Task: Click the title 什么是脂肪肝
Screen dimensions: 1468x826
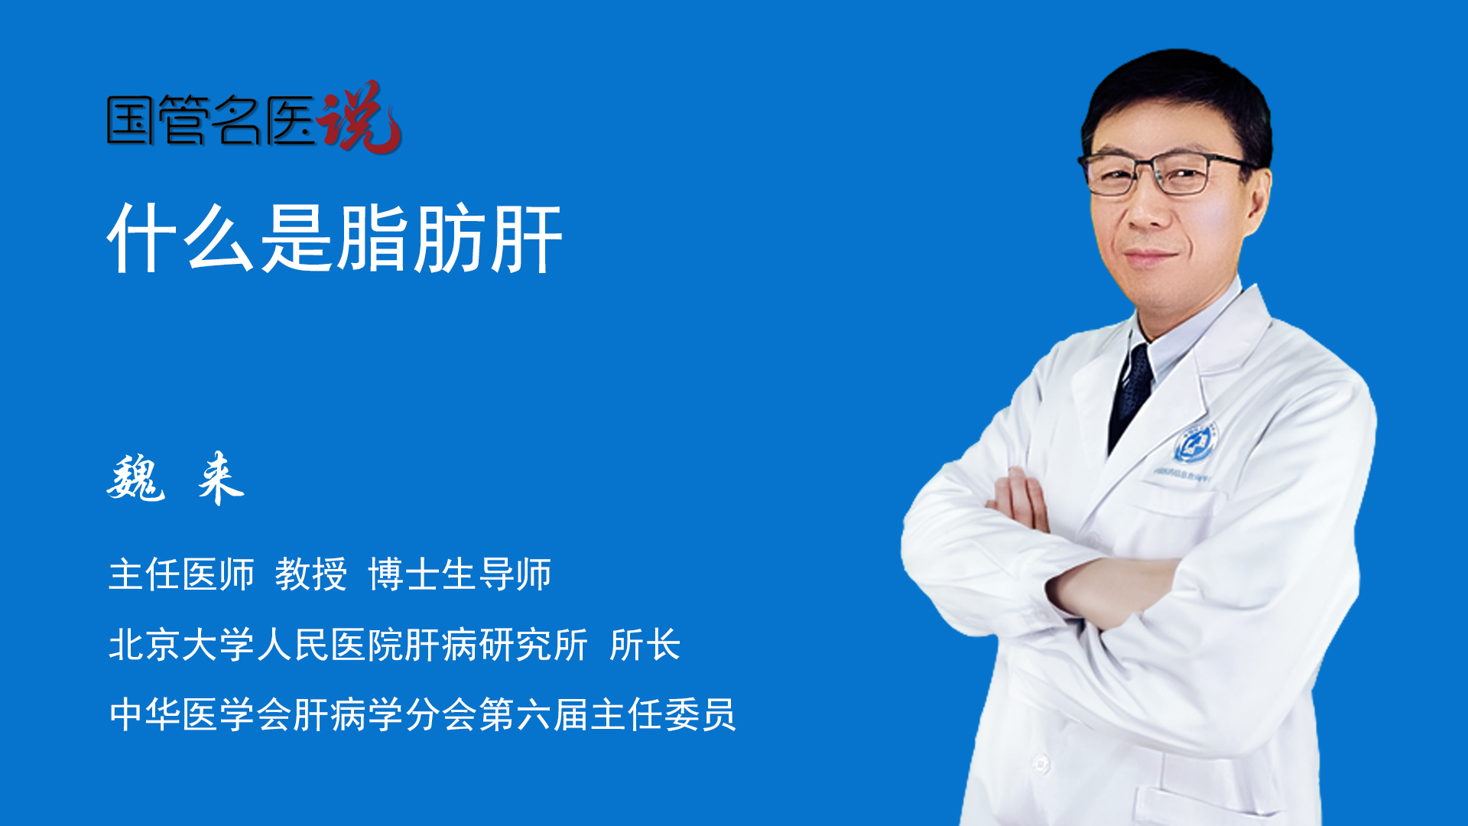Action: pos(335,239)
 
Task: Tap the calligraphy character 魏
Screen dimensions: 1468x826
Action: pos(136,478)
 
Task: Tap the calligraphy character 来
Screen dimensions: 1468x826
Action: pos(221,478)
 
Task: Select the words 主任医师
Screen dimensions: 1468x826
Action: pos(181,574)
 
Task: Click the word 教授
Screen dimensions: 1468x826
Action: pos(311,574)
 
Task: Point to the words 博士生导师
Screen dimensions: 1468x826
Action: pos(460,574)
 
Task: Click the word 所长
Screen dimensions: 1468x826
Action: pos(645,645)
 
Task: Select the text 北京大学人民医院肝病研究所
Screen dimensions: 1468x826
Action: pos(349,645)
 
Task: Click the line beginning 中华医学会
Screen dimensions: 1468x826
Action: pos(423,715)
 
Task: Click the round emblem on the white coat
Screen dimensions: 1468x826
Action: pos(1194,443)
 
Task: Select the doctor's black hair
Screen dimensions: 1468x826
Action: pos(1177,99)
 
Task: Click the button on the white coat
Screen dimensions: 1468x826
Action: pos(1041,763)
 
